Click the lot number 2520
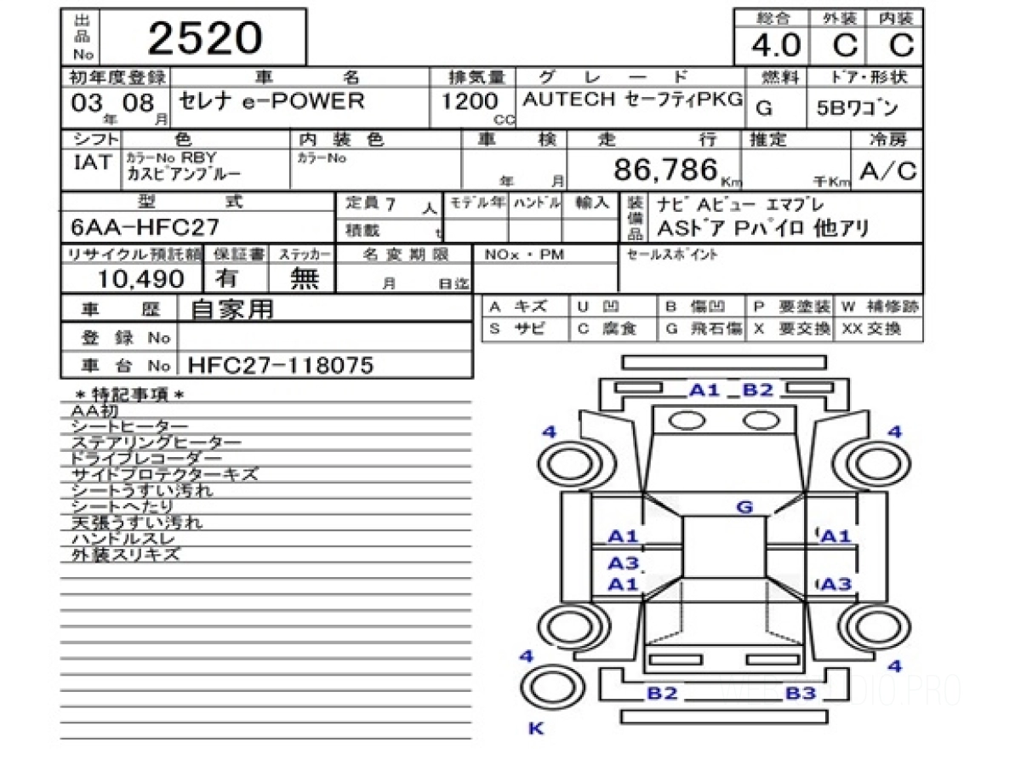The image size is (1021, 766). click(x=205, y=38)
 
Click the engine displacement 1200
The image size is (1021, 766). click(x=469, y=101)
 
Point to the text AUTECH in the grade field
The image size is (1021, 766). click(x=568, y=100)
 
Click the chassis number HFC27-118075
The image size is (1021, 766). click(x=281, y=365)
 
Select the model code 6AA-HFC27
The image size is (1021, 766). click(x=146, y=227)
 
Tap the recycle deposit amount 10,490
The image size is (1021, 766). click(x=140, y=278)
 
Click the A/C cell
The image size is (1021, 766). click(x=888, y=171)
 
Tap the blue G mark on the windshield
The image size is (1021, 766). click(x=744, y=507)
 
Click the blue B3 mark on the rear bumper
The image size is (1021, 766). click(x=801, y=693)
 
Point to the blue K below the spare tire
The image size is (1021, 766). click(x=536, y=729)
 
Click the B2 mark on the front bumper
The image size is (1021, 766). click(x=757, y=390)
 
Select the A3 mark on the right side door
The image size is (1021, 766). click(x=836, y=584)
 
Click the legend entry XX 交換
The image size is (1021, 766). click(x=872, y=329)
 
